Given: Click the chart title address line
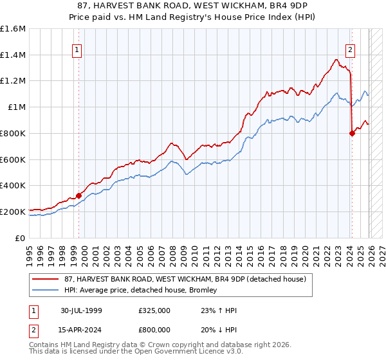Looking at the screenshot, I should point(193,6).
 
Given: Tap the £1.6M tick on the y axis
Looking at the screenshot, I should point(13,29).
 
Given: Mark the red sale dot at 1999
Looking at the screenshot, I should point(79,195).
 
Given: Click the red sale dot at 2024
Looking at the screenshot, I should point(352,133).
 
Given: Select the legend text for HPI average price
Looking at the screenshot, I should point(140,291).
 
